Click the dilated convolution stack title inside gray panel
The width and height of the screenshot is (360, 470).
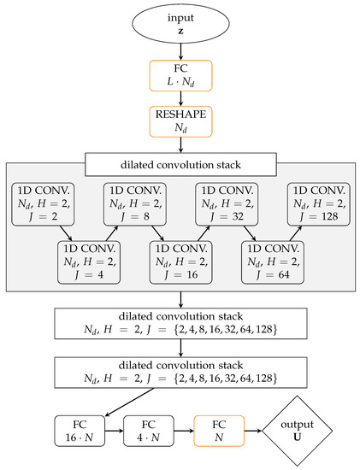[180, 162]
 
